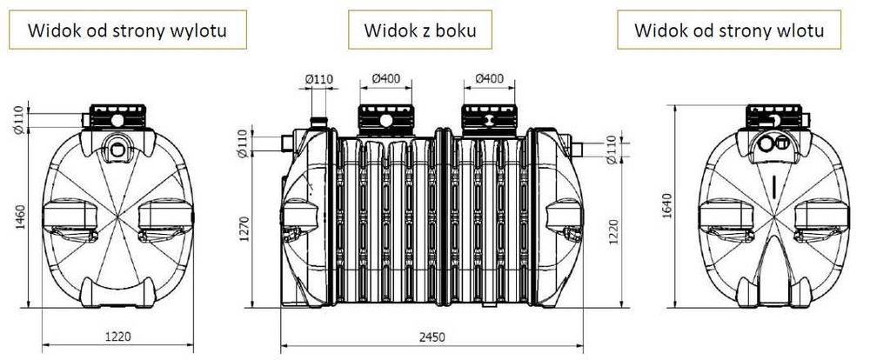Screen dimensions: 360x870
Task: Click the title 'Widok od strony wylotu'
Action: [x=127, y=31]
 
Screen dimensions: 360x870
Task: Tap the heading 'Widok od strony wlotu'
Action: [x=728, y=31]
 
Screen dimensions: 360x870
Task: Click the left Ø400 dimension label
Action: [x=385, y=79]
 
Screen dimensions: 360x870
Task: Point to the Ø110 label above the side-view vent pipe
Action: [x=319, y=79]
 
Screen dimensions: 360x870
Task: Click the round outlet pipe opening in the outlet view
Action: [x=117, y=143]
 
